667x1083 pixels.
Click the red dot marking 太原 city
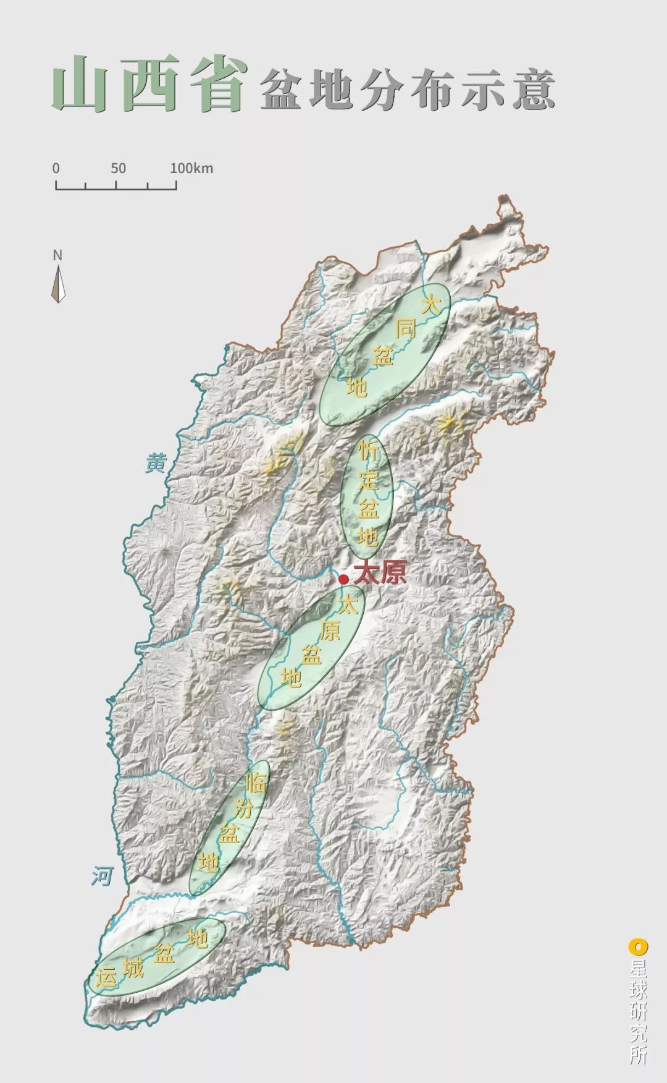point(343,579)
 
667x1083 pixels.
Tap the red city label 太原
point(380,574)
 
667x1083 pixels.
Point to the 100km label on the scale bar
point(191,168)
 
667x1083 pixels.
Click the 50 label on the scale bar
point(119,168)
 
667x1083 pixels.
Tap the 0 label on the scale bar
point(56,168)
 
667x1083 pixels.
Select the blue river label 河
point(103,876)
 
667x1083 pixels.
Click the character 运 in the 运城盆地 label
point(104,977)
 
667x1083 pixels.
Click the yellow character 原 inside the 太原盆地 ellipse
point(330,629)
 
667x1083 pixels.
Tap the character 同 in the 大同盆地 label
point(406,329)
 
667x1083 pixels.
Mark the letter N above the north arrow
point(58,255)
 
